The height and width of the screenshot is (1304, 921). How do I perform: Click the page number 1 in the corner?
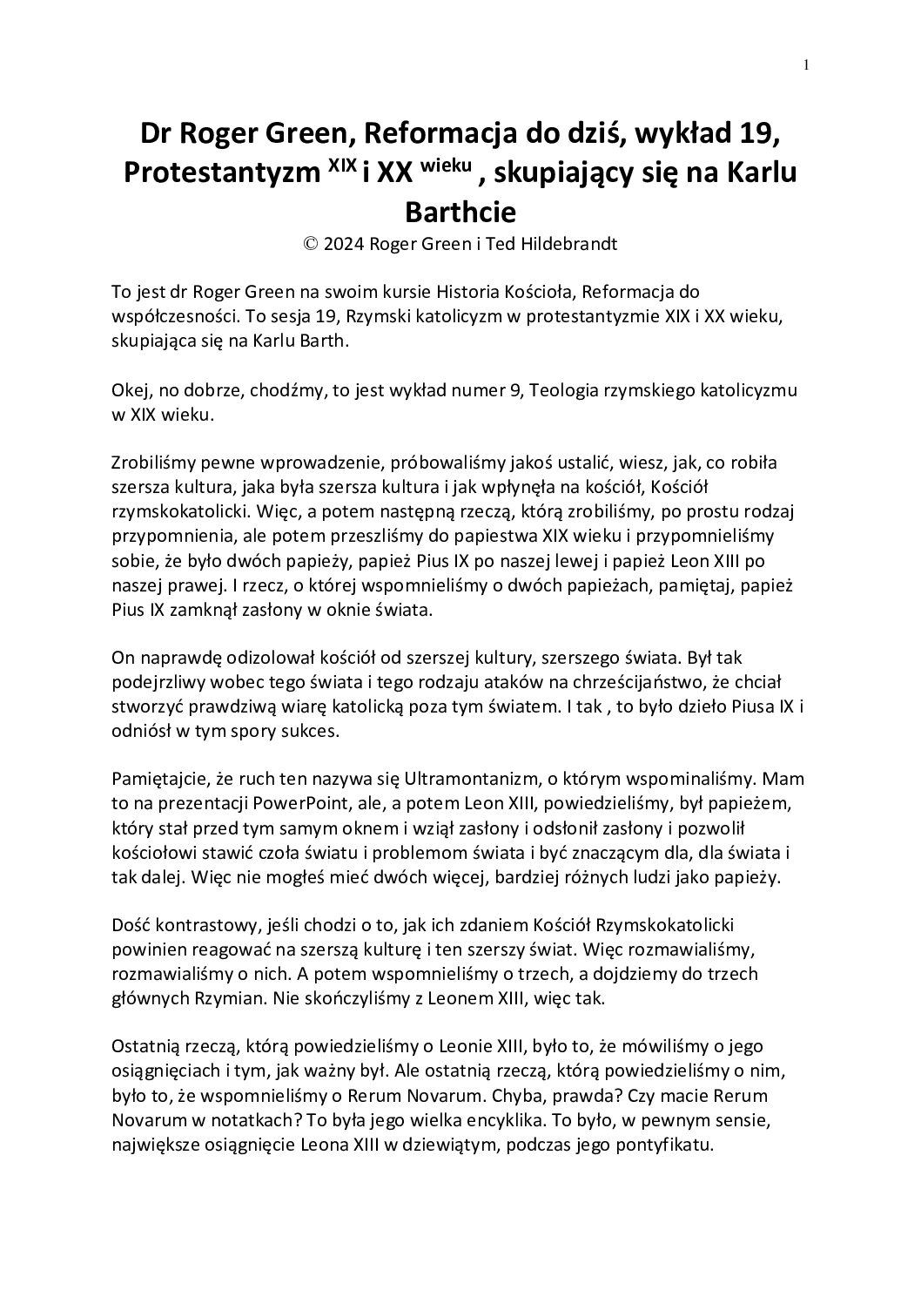coord(808,64)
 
